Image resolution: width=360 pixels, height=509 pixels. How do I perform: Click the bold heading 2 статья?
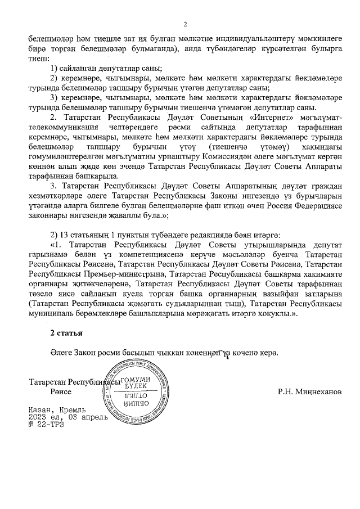[66, 333]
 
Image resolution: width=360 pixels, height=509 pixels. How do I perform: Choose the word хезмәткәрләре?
[56, 194]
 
